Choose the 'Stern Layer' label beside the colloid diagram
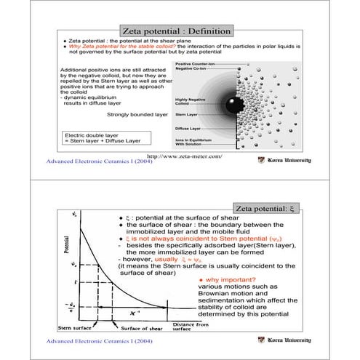(x=187, y=115)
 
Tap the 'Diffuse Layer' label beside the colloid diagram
(x=188, y=128)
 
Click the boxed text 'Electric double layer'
(x=94, y=135)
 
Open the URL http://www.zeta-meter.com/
(x=184, y=156)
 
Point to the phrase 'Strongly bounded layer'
(x=137, y=115)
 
